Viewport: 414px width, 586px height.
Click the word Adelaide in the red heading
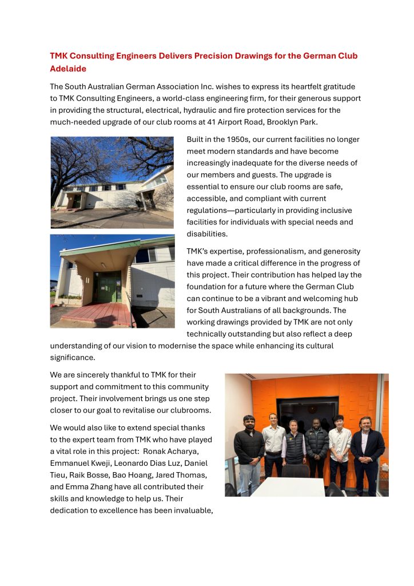tap(68, 69)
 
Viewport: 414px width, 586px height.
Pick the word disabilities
tap(207, 234)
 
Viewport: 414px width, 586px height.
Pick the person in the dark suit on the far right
tap(367, 449)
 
